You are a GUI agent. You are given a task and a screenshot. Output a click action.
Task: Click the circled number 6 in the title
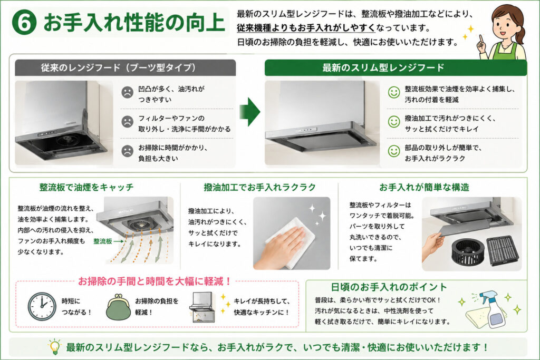(24, 23)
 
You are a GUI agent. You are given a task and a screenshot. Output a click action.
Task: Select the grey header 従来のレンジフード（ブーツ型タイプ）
(126, 67)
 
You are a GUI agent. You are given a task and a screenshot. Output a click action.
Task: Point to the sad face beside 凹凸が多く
(128, 92)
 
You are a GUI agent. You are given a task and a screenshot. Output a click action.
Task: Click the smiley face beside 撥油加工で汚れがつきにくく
(394, 121)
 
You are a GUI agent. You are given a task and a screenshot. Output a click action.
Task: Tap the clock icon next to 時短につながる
(42, 306)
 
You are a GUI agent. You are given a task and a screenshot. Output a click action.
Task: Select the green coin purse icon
(118, 307)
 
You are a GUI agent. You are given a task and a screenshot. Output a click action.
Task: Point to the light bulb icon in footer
(54, 347)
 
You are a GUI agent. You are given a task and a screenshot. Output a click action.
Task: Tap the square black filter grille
(503, 251)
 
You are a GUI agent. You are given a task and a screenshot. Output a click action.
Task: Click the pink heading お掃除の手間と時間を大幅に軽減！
(155, 281)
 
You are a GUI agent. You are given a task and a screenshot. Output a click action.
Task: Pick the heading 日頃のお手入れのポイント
(389, 287)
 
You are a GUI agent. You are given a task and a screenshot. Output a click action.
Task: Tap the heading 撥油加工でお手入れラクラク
(259, 187)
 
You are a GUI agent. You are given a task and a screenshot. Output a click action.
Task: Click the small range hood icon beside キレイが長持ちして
(202, 307)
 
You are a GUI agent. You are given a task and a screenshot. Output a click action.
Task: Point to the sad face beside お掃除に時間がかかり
(128, 151)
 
